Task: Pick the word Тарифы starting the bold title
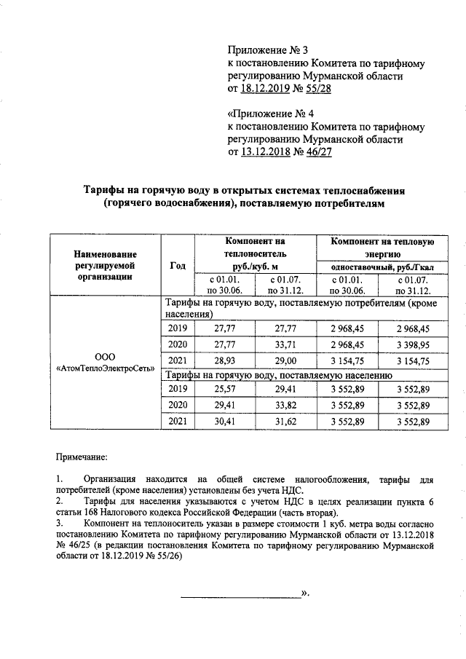106,190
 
